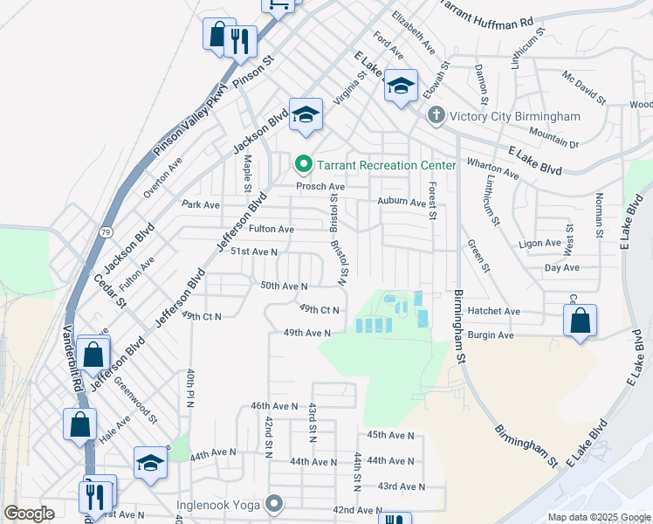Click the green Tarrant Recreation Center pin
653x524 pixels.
(x=304, y=164)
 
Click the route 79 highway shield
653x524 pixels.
(x=106, y=231)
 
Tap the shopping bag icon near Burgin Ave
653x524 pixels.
(x=580, y=321)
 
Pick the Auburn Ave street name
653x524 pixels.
(x=401, y=202)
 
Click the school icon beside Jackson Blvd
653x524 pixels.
(x=306, y=114)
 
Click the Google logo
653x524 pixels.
(x=29, y=514)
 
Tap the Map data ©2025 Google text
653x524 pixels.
(x=598, y=517)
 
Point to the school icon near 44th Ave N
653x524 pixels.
(x=149, y=463)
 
